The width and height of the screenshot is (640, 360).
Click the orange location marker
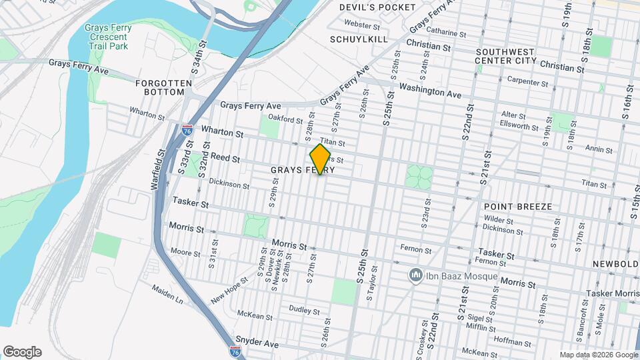[x=321, y=159]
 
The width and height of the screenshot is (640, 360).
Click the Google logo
[x=22, y=352]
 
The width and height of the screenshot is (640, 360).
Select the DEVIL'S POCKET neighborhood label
[x=377, y=7]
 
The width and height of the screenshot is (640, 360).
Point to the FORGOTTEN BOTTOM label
[x=163, y=88]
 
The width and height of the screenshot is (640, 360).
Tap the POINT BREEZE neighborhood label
[x=518, y=207]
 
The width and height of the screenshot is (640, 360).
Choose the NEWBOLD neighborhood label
[x=615, y=264]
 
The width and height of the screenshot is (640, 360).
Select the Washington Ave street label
[x=430, y=91]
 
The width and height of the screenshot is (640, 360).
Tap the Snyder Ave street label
[x=256, y=343]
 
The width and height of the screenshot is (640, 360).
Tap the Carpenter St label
[x=527, y=81]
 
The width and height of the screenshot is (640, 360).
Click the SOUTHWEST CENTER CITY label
[x=505, y=56]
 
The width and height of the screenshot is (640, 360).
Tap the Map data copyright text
[x=598, y=355]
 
